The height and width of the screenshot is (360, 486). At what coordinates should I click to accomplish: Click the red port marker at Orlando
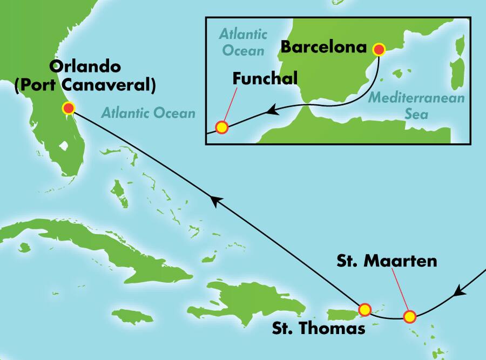pyautogui.click(x=68, y=108)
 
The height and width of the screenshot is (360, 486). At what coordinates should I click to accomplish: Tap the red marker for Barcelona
pyautogui.click(x=379, y=50)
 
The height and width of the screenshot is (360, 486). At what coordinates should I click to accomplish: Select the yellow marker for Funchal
pyautogui.click(x=222, y=127)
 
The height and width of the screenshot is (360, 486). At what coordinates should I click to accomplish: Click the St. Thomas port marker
pyautogui.click(x=365, y=309)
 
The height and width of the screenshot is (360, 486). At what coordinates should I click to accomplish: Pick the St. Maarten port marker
pyautogui.click(x=410, y=316)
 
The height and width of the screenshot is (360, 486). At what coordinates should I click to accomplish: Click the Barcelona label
pyautogui.click(x=323, y=47)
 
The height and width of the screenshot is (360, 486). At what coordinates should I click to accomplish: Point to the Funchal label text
pyautogui.click(x=265, y=78)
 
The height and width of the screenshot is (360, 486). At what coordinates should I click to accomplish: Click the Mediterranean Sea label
pyautogui.click(x=400, y=106)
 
